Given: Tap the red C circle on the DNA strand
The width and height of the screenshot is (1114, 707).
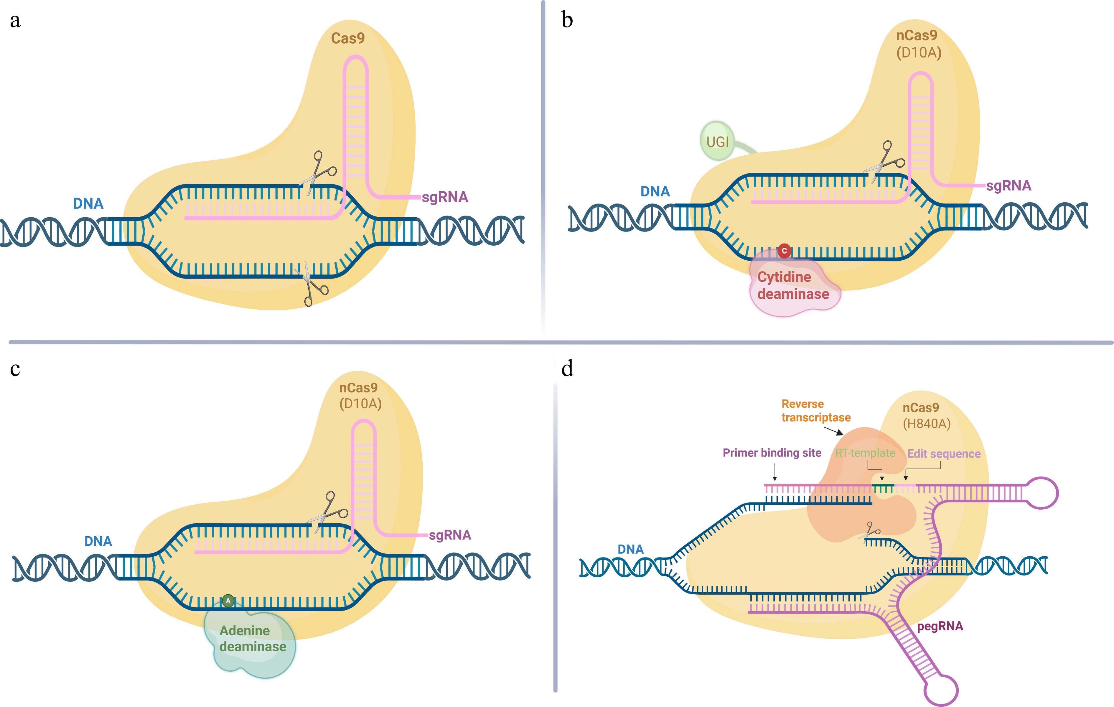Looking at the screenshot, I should coord(784,251).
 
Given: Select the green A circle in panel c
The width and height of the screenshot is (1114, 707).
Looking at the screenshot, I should coord(228,601).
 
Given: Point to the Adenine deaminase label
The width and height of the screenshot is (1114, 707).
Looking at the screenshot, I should coord(253,639).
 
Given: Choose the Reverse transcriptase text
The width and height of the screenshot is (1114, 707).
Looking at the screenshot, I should coord(816,411).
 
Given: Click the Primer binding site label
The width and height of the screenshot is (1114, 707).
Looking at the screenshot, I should coord(772,453).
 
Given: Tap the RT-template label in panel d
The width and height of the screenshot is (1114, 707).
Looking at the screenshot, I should coord(865,453).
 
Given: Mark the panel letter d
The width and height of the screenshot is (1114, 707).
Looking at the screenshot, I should coord(567,369).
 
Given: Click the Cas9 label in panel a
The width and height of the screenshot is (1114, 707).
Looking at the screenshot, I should coord(348,38).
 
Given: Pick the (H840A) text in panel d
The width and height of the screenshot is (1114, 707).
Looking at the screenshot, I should coord(927,424).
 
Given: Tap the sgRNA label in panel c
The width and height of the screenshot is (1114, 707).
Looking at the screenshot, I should coord(450,535).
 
